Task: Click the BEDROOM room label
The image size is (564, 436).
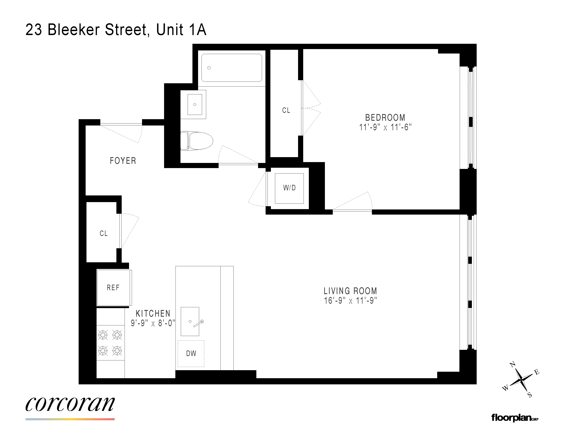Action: tap(385, 118)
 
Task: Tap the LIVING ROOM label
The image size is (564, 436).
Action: tap(350, 291)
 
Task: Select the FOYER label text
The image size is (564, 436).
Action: tap(123, 161)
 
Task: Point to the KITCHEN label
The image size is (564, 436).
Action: tap(153, 314)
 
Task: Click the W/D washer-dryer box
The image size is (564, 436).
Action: tap(289, 188)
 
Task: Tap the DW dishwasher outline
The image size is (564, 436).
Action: tap(191, 353)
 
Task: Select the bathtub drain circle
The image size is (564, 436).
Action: tap(209, 68)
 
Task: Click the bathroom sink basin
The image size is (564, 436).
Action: tap(195, 104)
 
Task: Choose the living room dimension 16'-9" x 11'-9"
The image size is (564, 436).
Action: tap(350, 301)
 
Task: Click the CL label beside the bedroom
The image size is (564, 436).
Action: tap(286, 110)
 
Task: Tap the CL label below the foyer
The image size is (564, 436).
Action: tap(104, 234)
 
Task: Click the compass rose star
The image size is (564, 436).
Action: tap(521, 379)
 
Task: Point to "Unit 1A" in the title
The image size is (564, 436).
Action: tap(181, 30)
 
